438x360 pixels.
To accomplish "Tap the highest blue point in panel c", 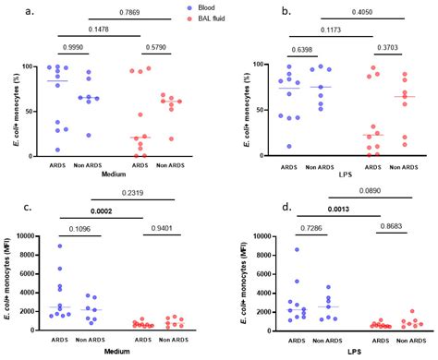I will click(x=60, y=246).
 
